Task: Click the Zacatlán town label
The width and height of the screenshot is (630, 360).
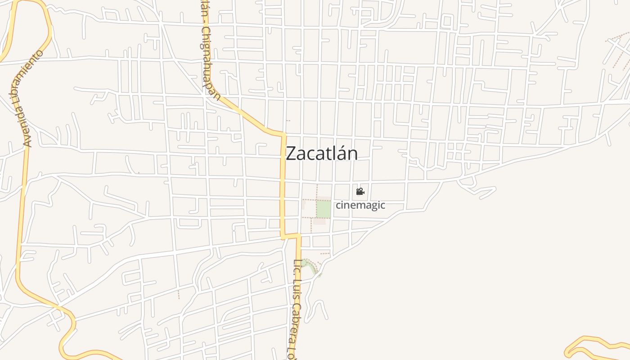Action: tap(322, 153)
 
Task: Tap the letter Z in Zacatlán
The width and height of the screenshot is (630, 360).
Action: tap(291, 153)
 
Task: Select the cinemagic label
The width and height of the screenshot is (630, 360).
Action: tap(360, 205)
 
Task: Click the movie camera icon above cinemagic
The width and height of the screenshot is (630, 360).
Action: tap(360, 192)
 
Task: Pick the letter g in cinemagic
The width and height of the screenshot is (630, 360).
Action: tap(371, 206)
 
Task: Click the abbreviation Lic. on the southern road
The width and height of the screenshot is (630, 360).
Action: tap(297, 268)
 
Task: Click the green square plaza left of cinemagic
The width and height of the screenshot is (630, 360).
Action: tap(324, 209)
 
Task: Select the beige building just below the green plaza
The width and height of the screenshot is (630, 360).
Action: tap(319, 221)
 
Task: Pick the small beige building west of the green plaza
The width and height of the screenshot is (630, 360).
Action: tap(304, 205)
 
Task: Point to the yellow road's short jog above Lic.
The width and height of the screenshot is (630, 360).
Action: tap(291, 235)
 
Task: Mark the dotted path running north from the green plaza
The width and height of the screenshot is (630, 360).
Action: tap(317, 191)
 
